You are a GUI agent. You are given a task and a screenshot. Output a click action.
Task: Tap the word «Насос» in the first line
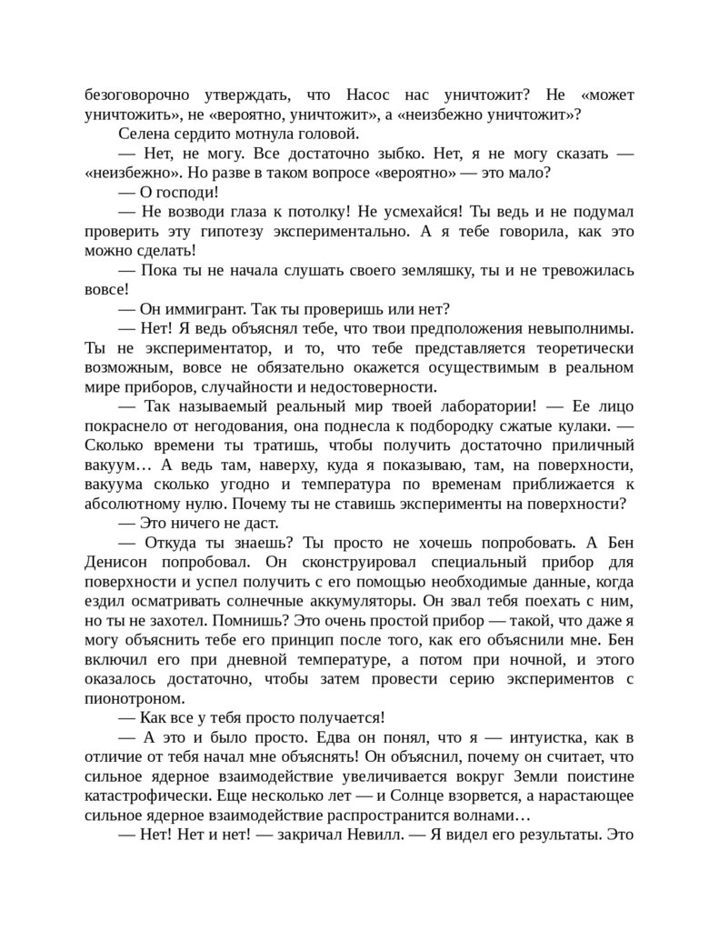[x=370, y=95]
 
